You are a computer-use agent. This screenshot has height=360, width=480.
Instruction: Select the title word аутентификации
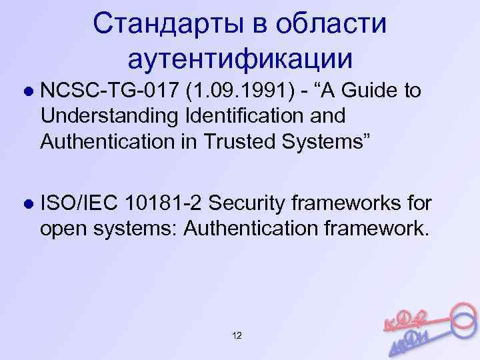pos(239,59)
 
